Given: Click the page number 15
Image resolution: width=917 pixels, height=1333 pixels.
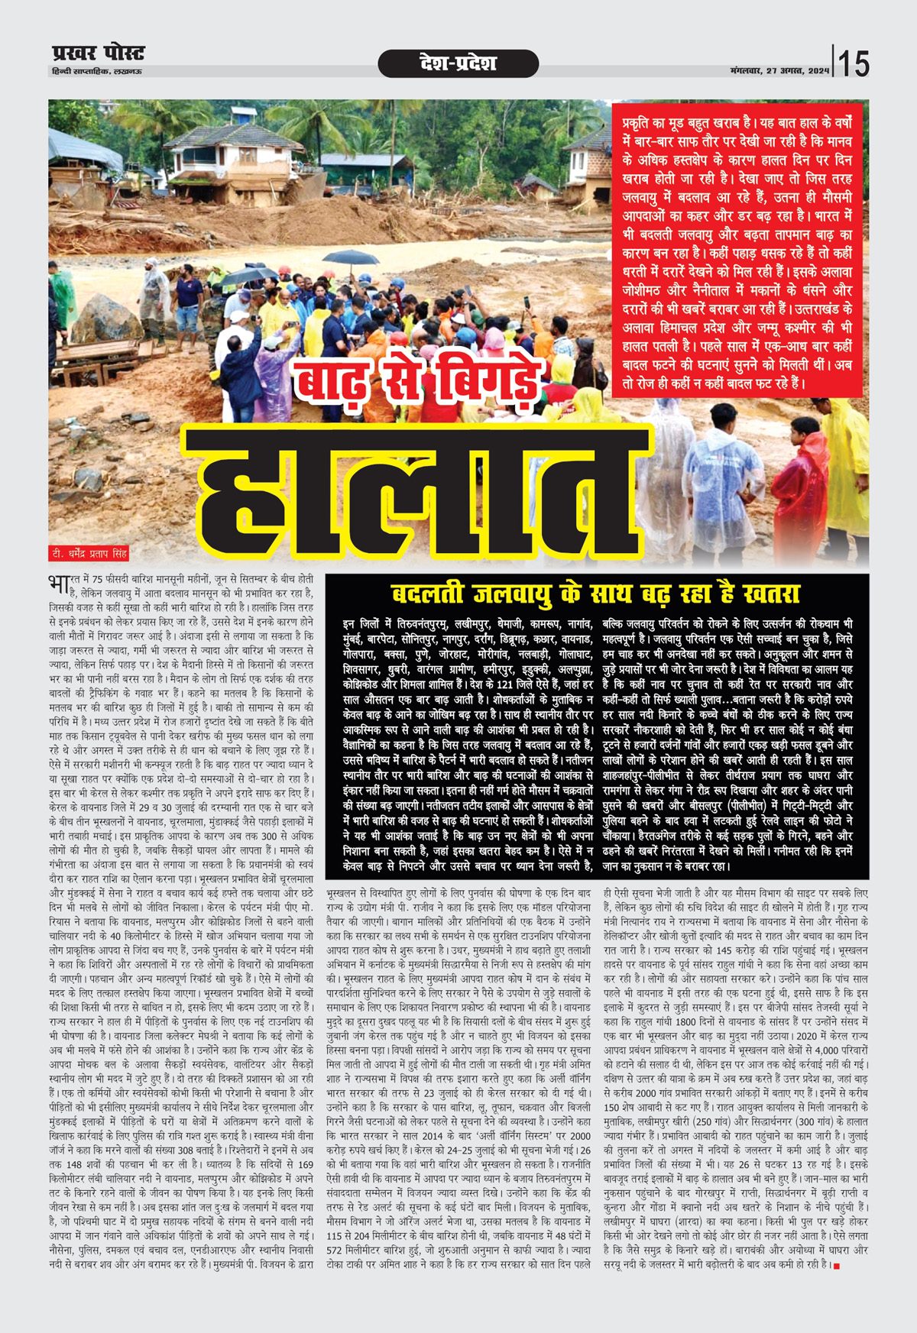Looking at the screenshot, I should point(854,63).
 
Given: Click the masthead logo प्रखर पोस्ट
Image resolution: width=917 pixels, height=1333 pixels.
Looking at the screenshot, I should point(98,53).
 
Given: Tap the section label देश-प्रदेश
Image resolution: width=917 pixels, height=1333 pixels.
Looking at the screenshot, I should point(458,63).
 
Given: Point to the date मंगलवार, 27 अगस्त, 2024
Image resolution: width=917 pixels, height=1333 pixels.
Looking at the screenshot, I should point(779,71).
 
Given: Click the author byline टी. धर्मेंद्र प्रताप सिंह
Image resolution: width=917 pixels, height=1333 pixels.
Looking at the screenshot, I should point(89,553).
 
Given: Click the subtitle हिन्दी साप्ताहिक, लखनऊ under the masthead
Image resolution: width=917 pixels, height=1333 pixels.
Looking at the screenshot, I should point(92,71).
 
